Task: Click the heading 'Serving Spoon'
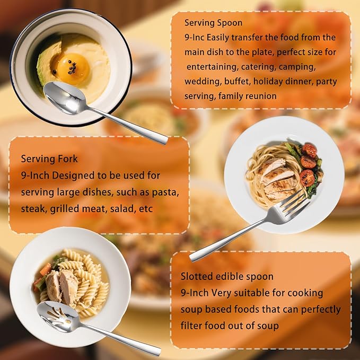[213, 23]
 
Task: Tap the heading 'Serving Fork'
[49, 159]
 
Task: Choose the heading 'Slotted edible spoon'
[227, 276]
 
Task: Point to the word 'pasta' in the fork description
[166, 191]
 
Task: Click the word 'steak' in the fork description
[33, 208]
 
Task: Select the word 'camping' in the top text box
[315, 67]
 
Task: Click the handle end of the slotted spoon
[151, 350]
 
